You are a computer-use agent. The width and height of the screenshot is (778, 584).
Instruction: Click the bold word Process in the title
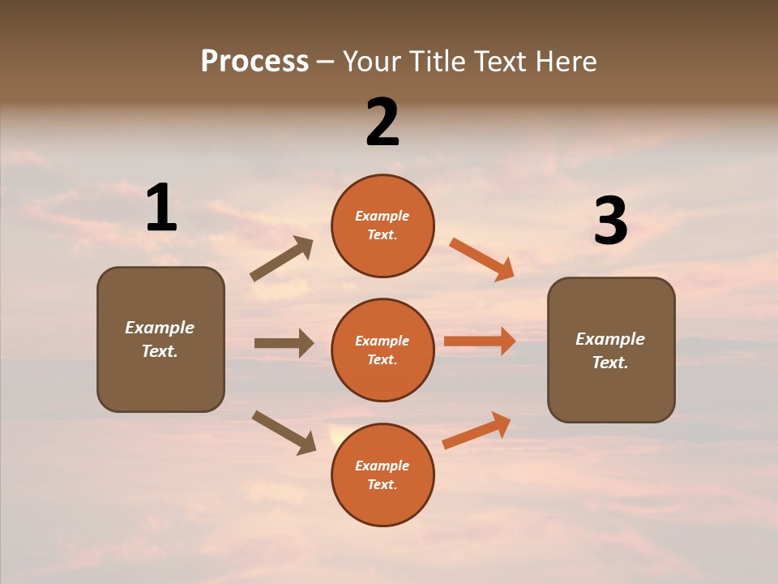[254, 62]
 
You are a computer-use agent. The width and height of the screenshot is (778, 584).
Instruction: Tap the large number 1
[161, 208]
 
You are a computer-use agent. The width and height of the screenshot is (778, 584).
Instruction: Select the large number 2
[383, 122]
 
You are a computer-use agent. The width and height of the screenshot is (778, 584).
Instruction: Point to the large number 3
[610, 221]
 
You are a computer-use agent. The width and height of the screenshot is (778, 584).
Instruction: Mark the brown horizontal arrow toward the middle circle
[284, 343]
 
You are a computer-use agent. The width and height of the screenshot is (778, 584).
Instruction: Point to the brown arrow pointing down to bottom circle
[284, 432]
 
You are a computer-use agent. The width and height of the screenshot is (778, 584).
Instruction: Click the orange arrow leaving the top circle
[481, 260]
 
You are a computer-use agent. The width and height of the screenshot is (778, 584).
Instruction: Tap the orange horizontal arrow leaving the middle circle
[480, 341]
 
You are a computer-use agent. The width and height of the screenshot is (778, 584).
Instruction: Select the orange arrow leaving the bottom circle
[477, 430]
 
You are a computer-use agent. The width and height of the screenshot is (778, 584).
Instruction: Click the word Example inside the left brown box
[160, 328]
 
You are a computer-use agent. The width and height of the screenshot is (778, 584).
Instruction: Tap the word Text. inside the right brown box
[610, 363]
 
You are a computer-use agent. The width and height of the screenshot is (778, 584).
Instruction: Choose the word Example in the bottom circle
[383, 466]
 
